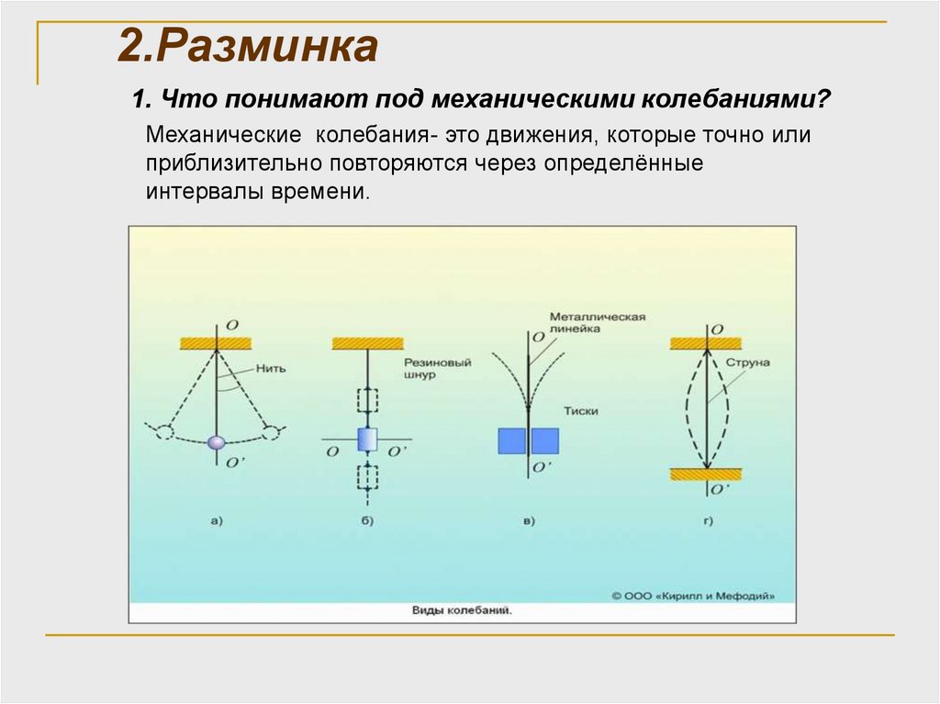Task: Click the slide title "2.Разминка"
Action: (248, 47)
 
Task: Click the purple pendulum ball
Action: (217, 441)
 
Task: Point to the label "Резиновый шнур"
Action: (436, 368)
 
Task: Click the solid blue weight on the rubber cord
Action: (367, 440)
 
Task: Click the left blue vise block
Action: (511, 441)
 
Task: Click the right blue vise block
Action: (545, 441)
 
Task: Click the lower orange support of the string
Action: (705, 474)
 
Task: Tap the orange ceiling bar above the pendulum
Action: (216, 342)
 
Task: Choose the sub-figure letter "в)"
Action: (529, 521)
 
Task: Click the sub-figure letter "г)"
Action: (707, 521)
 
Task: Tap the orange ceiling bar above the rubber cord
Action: (367, 342)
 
